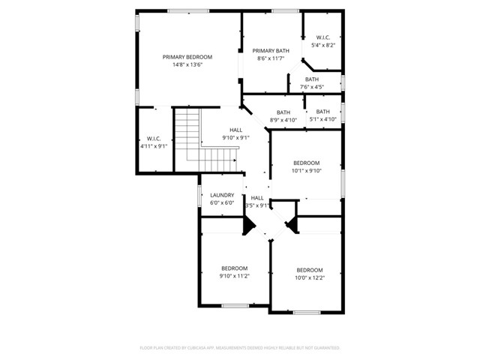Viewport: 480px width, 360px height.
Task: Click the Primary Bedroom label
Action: click(x=187, y=57)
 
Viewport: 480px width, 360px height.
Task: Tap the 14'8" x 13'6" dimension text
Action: click(x=187, y=65)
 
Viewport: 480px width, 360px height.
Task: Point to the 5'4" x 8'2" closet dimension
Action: click(x=323, y=45)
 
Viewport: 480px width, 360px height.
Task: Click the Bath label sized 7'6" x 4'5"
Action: click(x=312, y=79)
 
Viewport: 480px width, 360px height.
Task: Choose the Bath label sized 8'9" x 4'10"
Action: click(x=283, y=112)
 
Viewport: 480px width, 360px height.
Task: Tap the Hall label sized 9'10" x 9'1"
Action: click(x=235, y=130)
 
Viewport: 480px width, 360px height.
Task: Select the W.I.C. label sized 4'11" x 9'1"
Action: click(x=154, y=138)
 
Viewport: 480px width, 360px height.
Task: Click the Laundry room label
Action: click(x=222, y=195)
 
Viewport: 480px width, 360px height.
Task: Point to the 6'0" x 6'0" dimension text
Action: click(x=222, y=203)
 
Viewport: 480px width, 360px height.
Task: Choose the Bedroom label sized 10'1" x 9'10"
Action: click(x=306, y=163)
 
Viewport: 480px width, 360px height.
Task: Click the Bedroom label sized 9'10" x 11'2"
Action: click(x=234, y=268)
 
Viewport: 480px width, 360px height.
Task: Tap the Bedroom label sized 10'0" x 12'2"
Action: click(x=309, y=270)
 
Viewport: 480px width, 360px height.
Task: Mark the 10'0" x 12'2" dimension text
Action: click(x=309, y=277)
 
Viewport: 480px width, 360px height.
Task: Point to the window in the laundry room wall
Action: click(x=199, y=196)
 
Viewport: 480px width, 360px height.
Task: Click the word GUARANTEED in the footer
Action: click(x=325, y=348)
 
